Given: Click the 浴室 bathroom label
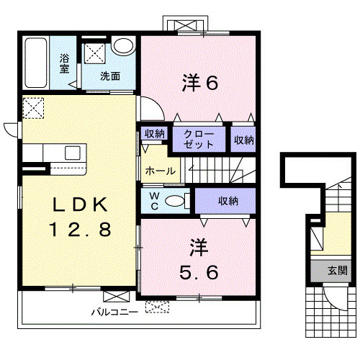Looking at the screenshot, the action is point(65,63).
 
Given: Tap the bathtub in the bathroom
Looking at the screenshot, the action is point(36,63).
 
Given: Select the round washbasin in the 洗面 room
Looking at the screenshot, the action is point(123,45).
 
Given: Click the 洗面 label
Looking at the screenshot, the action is point(110,76).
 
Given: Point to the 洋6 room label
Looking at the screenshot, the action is point(200,82).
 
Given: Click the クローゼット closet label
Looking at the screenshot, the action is point(199,139).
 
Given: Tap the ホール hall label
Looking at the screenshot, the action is point(161,171).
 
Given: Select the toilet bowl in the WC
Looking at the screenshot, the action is point(174,201).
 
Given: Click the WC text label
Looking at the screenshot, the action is point(155,201).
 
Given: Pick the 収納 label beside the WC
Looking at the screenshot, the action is point(228,201).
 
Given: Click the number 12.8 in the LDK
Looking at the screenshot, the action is point(80,229).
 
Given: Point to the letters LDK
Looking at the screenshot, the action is point(80,204).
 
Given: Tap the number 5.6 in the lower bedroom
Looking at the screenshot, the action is point(199,272).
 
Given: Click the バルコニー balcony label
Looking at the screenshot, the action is point(115,312).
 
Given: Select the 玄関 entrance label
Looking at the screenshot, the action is point(338,271).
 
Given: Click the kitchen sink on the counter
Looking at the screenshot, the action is point(73,153).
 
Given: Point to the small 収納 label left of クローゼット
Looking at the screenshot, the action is point(154,134).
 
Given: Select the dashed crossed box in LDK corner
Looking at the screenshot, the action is point(34,108).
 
